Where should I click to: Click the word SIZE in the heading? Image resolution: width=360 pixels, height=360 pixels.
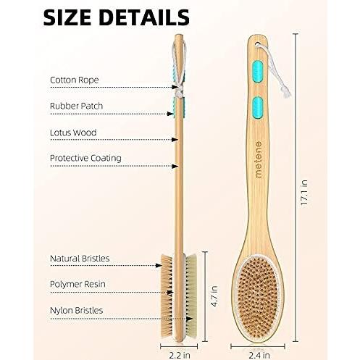tap(67, 17)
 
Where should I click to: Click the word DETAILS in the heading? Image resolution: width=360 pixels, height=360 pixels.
tap(144, 17)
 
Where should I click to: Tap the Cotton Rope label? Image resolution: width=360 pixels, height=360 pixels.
tap(75, 80)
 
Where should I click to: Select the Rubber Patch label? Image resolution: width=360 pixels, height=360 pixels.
tap(76, 106)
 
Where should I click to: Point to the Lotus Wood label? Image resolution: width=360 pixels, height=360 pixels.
tap(73, 133)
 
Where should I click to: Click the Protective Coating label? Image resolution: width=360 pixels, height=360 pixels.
tap(85, 159)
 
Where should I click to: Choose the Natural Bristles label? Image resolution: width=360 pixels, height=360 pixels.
tap(80, 259)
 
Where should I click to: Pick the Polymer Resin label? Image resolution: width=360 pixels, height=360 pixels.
tap(78, 284)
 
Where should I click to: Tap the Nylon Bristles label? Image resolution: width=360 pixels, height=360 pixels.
tap(76, 310)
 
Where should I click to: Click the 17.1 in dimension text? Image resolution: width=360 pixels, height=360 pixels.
tap(304, 193)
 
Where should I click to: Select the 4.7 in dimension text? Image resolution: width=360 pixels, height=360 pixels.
tap(214, 296)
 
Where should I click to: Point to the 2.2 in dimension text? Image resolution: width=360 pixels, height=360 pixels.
tap(180, 355)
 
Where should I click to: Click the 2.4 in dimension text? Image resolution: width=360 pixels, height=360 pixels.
tap(259, 355)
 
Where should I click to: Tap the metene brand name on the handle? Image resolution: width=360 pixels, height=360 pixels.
tap(258, 159)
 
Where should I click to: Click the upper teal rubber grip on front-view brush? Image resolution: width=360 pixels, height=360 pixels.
tap(257, 71)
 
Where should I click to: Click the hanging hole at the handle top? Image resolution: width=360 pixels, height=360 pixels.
tap(258, 45)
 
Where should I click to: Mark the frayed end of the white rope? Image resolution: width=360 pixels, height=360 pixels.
tap(286, 93)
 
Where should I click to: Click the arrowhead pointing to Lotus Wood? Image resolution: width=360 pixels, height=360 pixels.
tap(175, 140)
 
